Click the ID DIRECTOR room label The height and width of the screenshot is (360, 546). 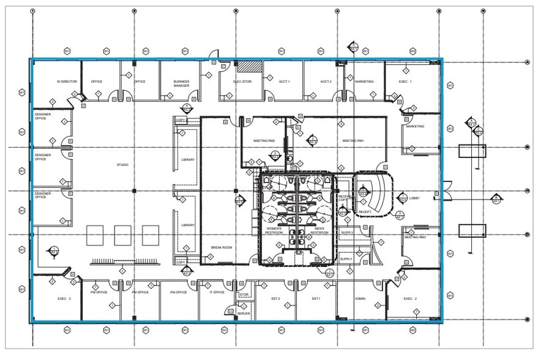coord(67,81)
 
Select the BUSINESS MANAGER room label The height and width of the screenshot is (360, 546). coord(181,84)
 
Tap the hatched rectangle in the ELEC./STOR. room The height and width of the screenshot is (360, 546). coord(250,65)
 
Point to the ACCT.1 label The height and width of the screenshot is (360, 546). coord(284,81)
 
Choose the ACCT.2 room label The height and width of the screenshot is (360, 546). coord(326,81)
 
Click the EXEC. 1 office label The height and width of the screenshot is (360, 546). coord(405,81)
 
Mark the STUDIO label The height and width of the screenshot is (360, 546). coord(122,165)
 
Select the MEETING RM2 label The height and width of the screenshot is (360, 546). coord(264,141)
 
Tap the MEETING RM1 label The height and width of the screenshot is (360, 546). coord(353,141)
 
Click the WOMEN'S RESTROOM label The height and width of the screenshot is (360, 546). coord(274,231)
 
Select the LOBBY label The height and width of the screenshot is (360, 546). coord(414,198)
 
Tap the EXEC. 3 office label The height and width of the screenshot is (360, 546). coord(64,298)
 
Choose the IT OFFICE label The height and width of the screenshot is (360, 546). coord(217,292)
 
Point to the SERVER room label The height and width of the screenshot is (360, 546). coord(244,313)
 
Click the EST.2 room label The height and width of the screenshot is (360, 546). coord(275,298)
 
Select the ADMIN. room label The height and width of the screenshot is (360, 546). coord(360,298)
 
